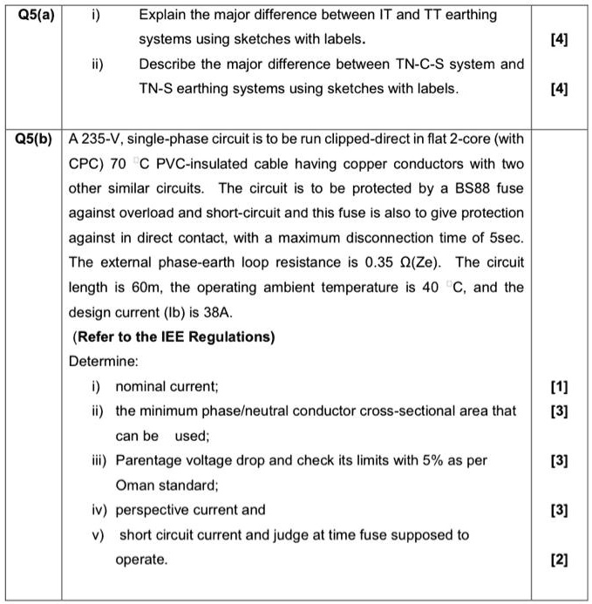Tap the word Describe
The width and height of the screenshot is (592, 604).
[x=168, y=64]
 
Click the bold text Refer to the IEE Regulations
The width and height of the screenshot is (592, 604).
[x=174, y=336]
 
